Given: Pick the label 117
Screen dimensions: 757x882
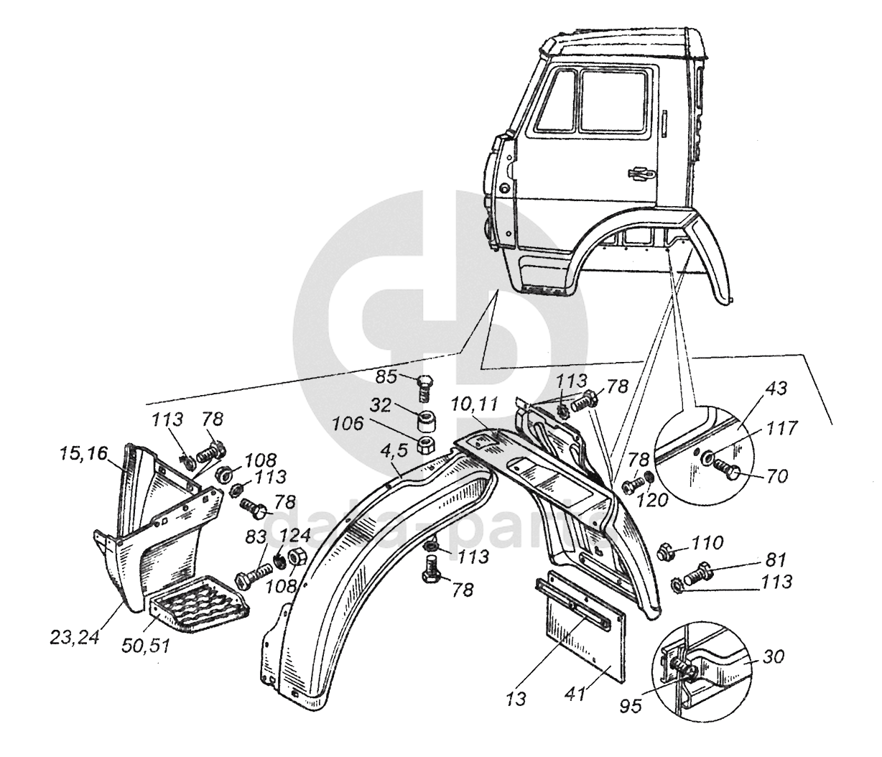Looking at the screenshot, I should point(782,429).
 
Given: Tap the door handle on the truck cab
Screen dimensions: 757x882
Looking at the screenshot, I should point(639,172).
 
